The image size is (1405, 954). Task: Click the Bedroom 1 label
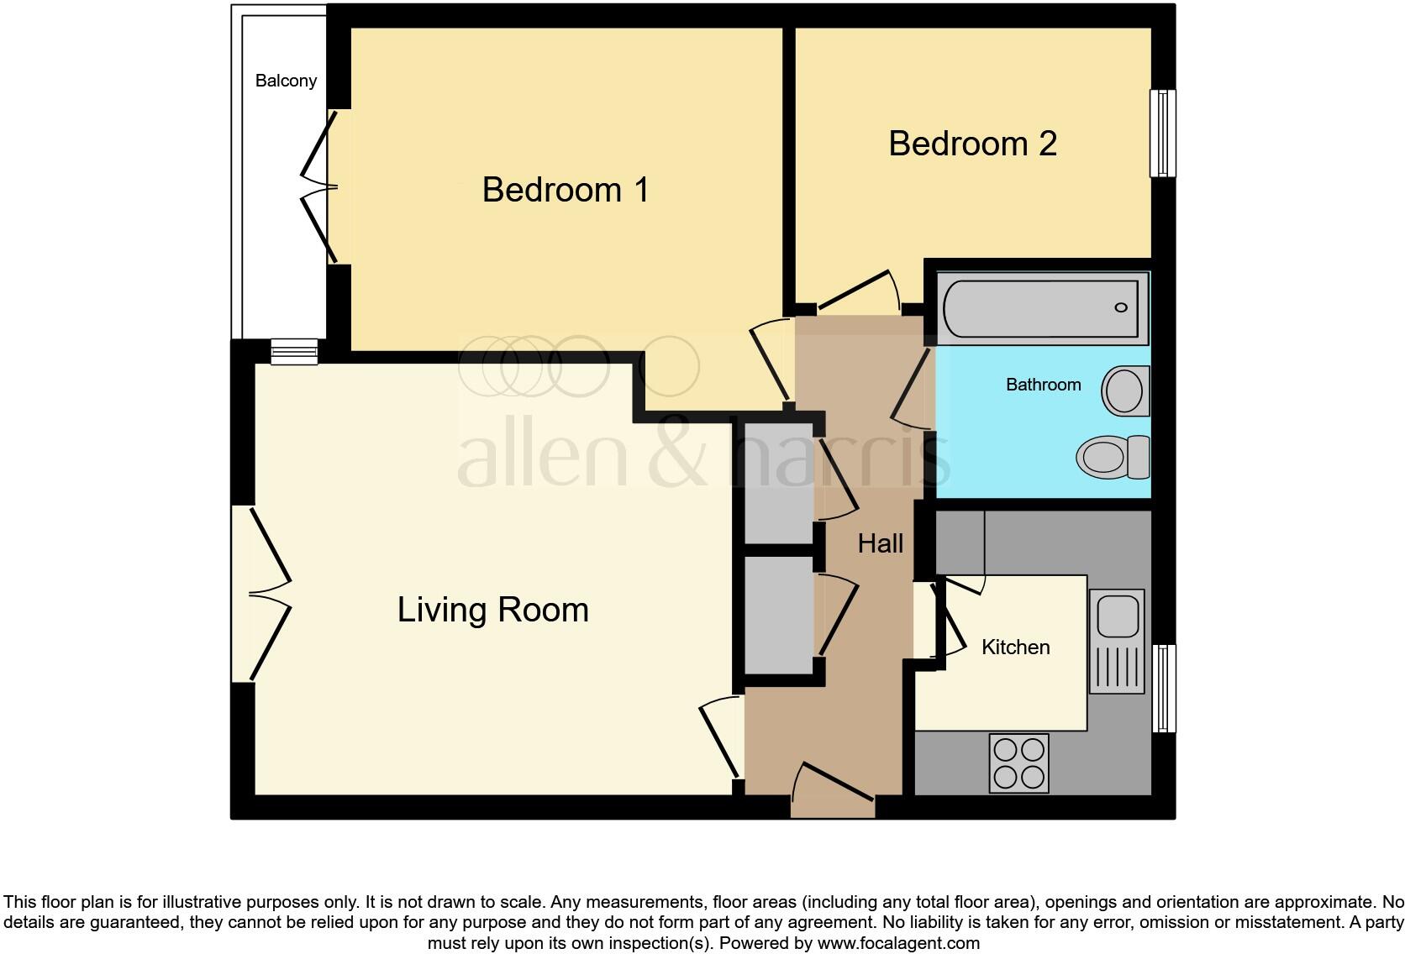tap(566, 190)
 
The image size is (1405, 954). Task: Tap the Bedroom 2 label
tap(972, 144)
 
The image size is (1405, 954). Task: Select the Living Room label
tap(492, 610)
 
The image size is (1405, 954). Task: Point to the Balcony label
tap(286, 81)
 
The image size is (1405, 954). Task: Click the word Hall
tap(880, 543)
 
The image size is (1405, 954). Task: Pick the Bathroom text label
tap(1043, 385)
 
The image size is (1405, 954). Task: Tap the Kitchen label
tap(1015, 647)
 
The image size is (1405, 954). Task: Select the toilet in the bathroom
tap(1113, 457)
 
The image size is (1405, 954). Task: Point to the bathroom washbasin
tap(1125, 391)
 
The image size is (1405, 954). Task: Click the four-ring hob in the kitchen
tap(1019, 763)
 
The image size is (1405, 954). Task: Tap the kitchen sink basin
tap(1117, 616)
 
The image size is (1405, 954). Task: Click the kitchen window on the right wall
tap(1163, 688)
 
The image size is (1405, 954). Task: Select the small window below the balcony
tap(294, 352)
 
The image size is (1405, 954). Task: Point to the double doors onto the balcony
tap(323, 187)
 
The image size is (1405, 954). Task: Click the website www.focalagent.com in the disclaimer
tap(898, 943)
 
